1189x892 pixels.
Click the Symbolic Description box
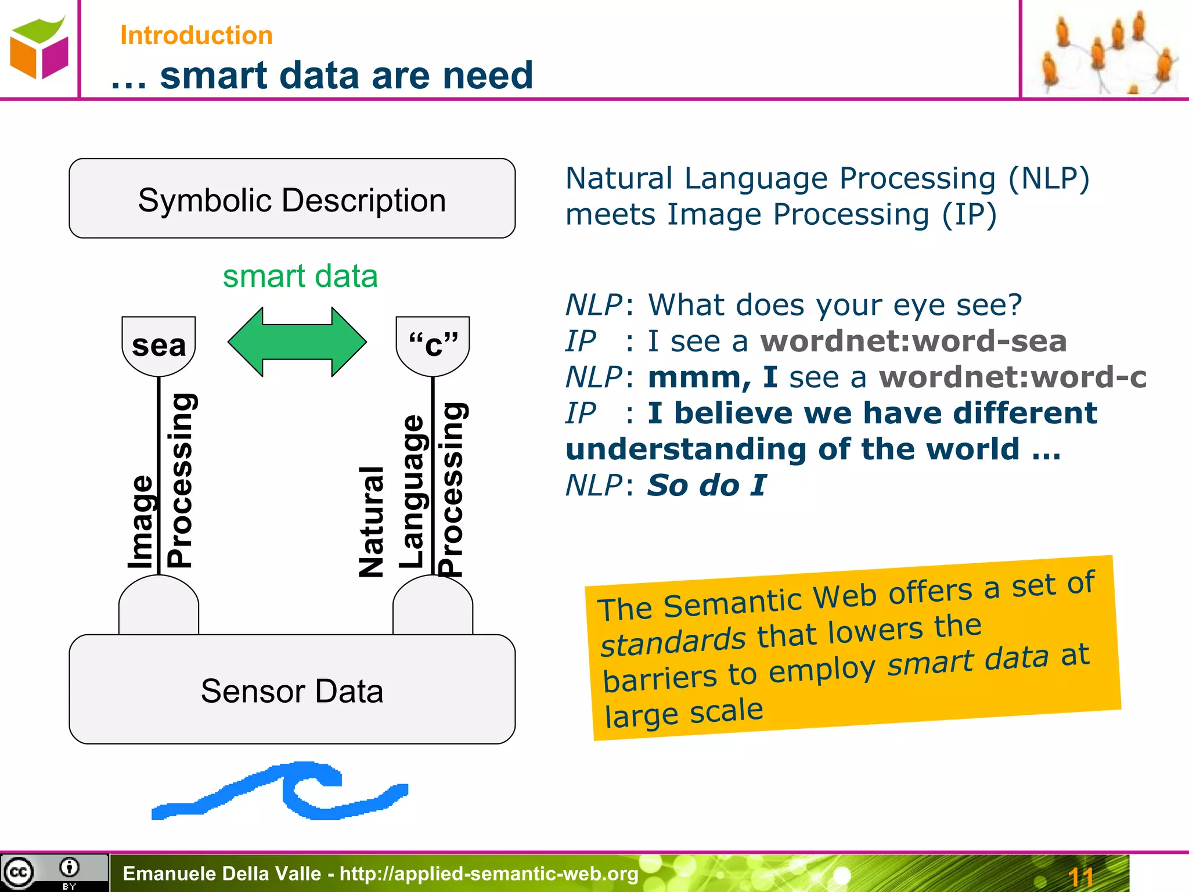(292, 199)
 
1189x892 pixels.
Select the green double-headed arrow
(297, 342)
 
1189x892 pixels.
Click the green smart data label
(300, 276)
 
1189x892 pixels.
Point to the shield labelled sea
(158, 345)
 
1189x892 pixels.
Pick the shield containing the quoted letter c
(433, 345)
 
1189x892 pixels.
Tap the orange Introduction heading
(196, 35)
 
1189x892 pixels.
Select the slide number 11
(1080, 876)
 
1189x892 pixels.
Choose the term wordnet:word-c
(1013, 377)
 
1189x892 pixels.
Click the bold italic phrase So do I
(707, 485)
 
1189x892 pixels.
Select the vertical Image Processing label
(160, 482)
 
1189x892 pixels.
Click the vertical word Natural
(372, 521)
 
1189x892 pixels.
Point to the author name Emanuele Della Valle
(222, 873)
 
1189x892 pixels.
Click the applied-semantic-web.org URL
(489, 873)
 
